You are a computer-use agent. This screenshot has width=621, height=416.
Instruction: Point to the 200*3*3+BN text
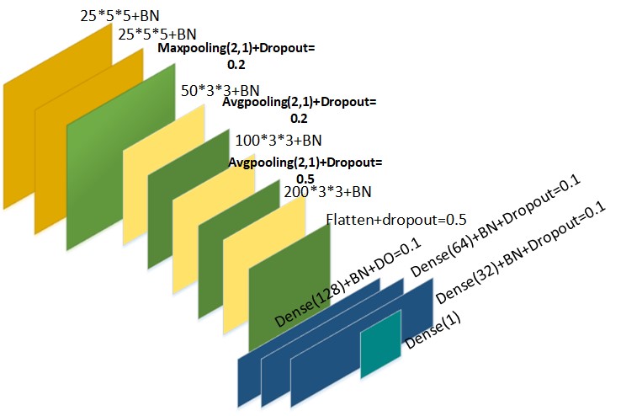[x=327, y=192]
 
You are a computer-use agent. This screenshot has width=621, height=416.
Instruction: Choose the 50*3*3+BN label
[x=220, y=89]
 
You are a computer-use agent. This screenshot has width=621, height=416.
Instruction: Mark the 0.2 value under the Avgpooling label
[x=299, y=120]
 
